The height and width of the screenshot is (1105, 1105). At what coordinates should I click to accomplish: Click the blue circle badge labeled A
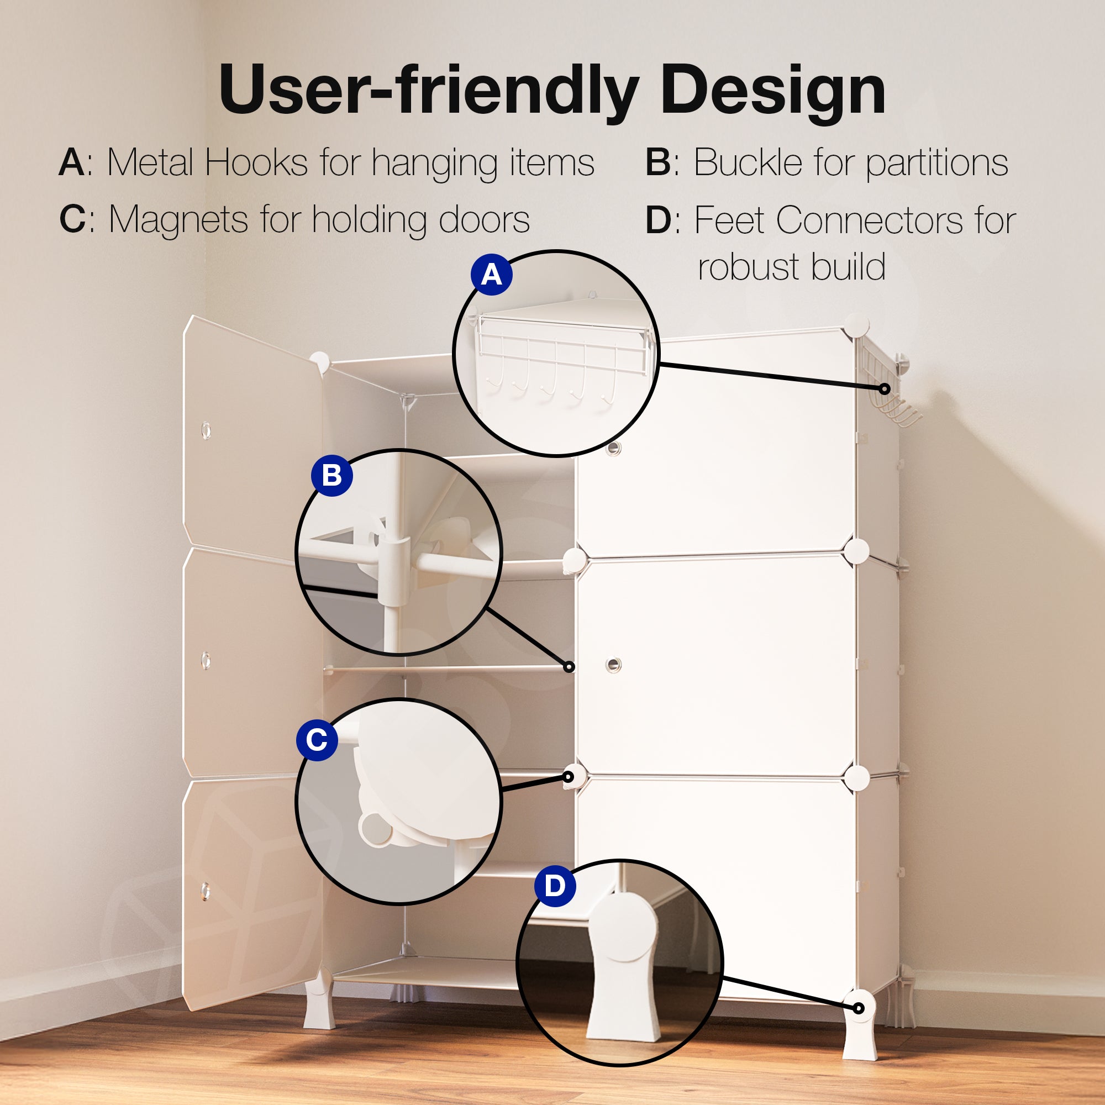(x=491, y=275)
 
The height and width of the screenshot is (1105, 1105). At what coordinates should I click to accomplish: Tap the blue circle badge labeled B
(x=331, y=475)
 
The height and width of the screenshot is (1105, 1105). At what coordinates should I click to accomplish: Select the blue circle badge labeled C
(x=317, y=740)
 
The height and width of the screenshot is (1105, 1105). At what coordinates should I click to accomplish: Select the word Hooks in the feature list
(x=256, y=162)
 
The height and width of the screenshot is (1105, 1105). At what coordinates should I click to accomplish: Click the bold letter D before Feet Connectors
(x=657, y=220)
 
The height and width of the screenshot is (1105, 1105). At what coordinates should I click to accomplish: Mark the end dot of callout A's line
(x=884, y=389)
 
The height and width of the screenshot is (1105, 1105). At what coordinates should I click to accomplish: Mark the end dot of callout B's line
(x=569, y=666)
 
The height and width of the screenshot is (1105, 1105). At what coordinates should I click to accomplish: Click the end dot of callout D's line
(x=859, y=1008)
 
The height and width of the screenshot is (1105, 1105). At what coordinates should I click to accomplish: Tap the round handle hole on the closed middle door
(x=613, y=665)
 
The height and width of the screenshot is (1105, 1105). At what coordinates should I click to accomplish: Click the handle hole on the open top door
(x=206, y=429)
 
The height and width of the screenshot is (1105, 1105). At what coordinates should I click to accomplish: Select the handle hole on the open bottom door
(x=206, y=891)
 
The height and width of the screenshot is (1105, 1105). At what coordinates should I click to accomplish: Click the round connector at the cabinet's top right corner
(x=856, y=325)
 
